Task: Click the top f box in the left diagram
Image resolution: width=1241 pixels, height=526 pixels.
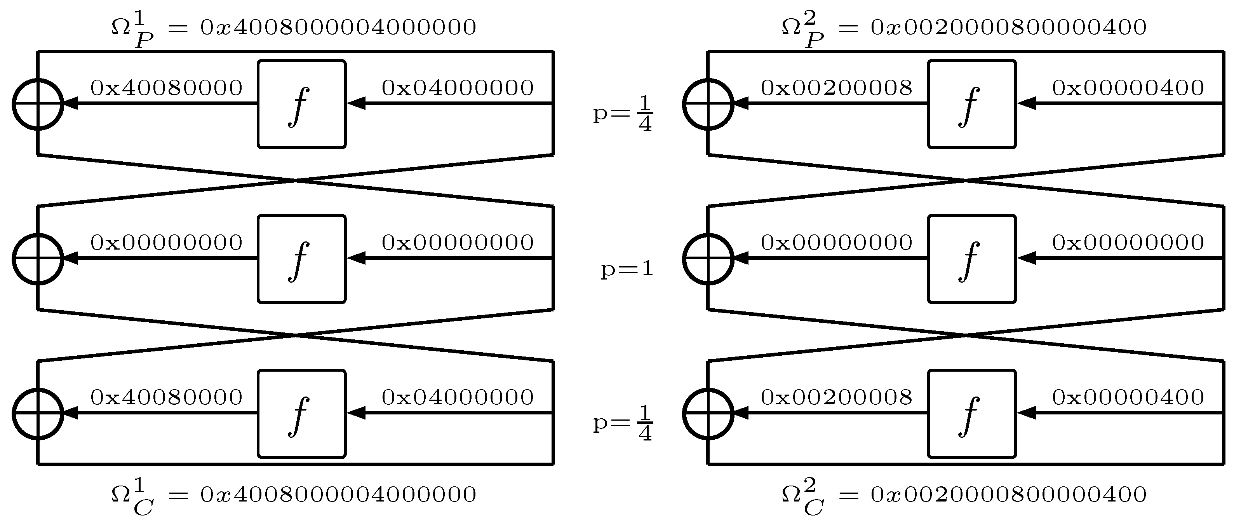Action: (x=301, y=104)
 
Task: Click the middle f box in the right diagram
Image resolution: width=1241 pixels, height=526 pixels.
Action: (x=972, y=259)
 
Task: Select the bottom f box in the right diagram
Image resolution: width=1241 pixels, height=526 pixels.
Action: (x=972, y=414)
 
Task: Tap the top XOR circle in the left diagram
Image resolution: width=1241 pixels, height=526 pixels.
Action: (x=38, y=104)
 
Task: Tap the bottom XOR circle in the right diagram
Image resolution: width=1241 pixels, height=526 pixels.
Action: (x=708, y=414)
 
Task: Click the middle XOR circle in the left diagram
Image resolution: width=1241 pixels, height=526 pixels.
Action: (x=38, y=259)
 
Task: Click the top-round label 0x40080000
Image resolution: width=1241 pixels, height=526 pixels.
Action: (x=166, y=88)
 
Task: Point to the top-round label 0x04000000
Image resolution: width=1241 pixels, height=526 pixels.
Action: (x=458, y=88)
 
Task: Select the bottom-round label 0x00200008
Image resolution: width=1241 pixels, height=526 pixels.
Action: (x=836, y=397)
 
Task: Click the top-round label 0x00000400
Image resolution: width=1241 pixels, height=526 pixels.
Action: (x=1128, y=88)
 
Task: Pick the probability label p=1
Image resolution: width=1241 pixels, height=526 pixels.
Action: (x=627, y=269)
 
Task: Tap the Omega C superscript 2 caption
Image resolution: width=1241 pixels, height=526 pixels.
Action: (x=964, y=495)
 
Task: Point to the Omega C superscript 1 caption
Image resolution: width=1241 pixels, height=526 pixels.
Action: (x=293, y=495)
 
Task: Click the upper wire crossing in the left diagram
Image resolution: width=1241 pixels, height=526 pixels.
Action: (x=295, y=180)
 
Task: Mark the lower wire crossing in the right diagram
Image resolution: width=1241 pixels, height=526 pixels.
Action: (x=966, y=335)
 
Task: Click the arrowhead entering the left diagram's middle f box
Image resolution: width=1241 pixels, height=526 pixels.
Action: (x=355, y=259)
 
